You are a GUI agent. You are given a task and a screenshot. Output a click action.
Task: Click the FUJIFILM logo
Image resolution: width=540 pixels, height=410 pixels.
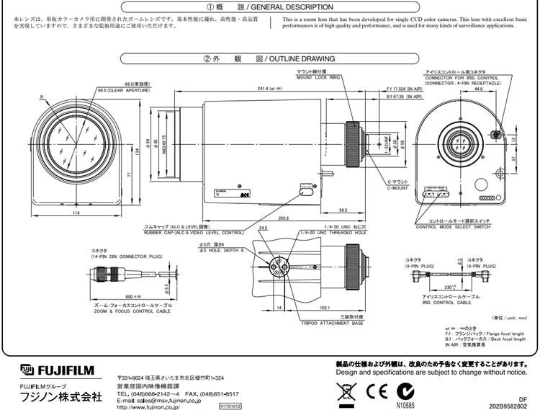pyautogui.click(x=58, y=370)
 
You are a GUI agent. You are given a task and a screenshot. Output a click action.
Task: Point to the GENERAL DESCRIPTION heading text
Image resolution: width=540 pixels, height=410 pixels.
pyautogui.click(x=296, y=6)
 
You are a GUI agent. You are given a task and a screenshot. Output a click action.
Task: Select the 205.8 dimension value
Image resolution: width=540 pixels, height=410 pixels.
pyautogui.click(x=264, y=218)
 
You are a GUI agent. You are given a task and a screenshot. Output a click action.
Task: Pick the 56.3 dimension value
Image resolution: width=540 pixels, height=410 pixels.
pyautogui.click(x=343, y=210)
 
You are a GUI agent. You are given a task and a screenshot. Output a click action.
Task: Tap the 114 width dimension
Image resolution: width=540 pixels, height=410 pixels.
pyautogui.click(x=75, y=213)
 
